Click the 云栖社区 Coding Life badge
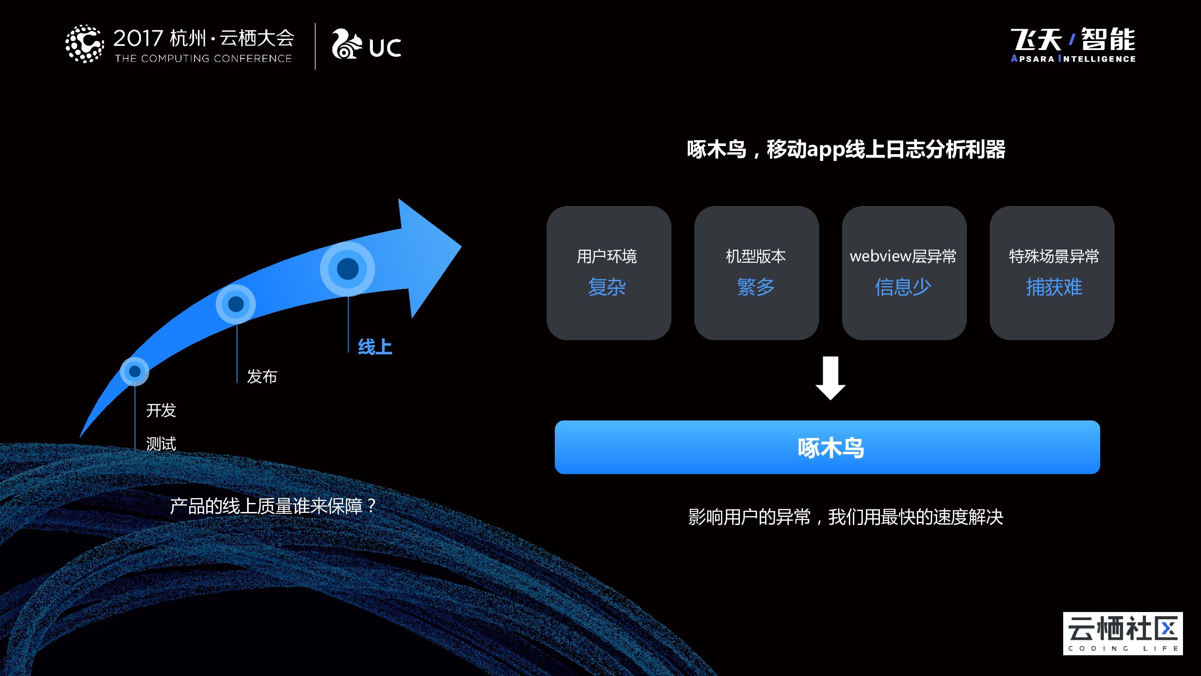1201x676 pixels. tap(1123, 633)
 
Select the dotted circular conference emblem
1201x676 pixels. tap(84, 44)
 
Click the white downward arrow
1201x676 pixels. tap(830, 378)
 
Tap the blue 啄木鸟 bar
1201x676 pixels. tap(827, 448)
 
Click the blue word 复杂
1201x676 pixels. tap(607, 287)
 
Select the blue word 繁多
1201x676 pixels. tap(756, 287)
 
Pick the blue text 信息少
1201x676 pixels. tap(903, 287)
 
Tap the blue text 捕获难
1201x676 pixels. tap(1054, 287)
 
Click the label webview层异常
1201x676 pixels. tap(903, 256)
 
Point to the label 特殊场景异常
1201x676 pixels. tap(1054, 256)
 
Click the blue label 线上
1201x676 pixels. tap(375, 347)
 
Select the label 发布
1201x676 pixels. tap(262, 376)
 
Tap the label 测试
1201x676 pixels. tap(161, 443)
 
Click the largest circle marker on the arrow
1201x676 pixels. tap(347, 269)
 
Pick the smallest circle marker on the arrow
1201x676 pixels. tap(135, 371)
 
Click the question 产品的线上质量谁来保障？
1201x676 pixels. tap(273, 506)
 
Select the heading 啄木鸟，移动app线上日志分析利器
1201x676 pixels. tap(846, 150)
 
